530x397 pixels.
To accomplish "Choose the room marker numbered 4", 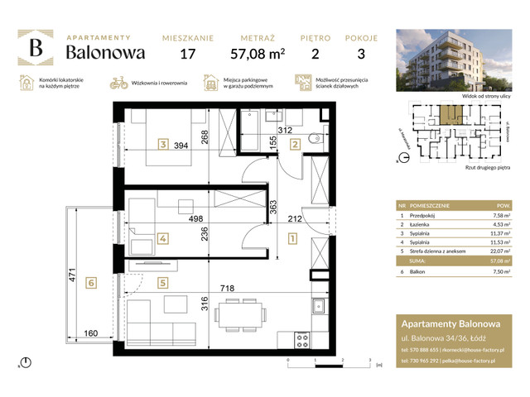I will click(x=164, y=239).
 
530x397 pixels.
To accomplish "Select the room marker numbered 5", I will click(x=164, y=282).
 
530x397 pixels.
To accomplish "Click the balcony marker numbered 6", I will click(x=92, y=282).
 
